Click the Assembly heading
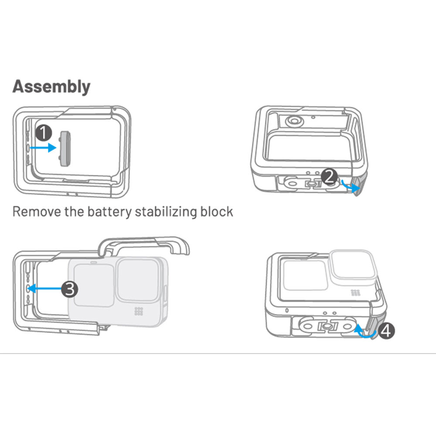point(51,87)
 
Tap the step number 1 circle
point(44,133)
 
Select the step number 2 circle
point(329,177)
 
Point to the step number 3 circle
point(69,289)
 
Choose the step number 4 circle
point(386,330)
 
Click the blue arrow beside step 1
point(43,147)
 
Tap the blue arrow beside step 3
point(45,288)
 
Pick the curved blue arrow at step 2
point(350,186)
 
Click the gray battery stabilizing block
point(65,149)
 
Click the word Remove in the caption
point(37,212)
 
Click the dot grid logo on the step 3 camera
point(139,311)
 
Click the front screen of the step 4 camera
point(305,275)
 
